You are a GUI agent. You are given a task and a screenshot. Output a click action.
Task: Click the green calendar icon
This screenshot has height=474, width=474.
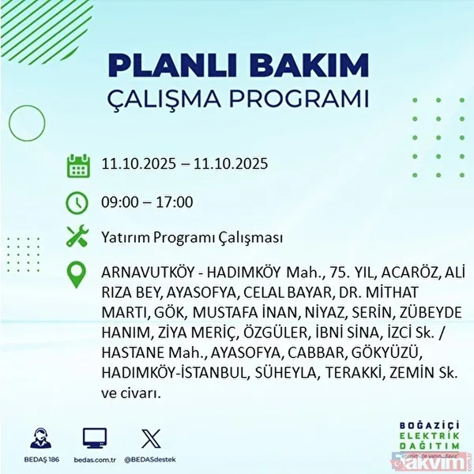coord(77,166)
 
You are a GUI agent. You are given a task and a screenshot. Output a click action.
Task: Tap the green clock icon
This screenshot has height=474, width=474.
coord(77,202)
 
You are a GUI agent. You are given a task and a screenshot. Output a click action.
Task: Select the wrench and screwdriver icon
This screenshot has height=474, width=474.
coord(77,237)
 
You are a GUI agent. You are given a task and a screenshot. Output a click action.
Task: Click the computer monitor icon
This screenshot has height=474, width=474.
coord(94,437)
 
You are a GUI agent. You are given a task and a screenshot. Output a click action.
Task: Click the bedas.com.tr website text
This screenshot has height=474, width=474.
coord(94,458)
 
